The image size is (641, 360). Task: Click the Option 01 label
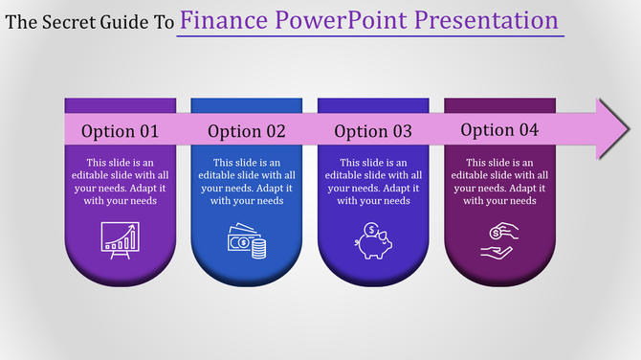[x=120, y=131]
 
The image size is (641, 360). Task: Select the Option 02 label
[x=247, y=131]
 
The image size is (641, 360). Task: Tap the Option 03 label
[x=373, y=131]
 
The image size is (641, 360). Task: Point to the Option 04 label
[x=499, y=129]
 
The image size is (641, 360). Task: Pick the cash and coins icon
[x=246, y=238]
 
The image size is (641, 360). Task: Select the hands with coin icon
[x=499, y=237]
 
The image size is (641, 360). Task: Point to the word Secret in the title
[x=64, y=21]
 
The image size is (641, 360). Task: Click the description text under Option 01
[x=120, y=182]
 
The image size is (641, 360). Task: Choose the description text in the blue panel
[x=247, y=182]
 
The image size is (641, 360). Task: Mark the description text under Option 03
[x=373, y=182]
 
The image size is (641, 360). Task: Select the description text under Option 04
[x=499, y=182]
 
